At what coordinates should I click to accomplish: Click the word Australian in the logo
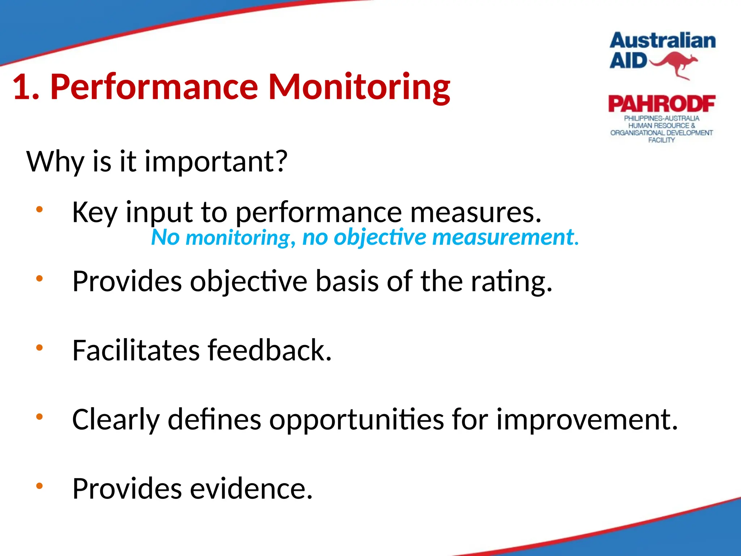pyautogui.click(x=662, y=41)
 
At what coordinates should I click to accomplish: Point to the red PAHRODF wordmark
pyautogui.click(x=661, y=104)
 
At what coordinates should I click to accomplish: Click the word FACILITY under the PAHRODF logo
pyautogui.click(x=661, y=140)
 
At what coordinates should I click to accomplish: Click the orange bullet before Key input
pyautogui.click(x=39, y=209)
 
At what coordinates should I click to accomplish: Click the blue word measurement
pyautogui.click(x=505, y=237)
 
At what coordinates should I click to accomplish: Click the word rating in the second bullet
pyautogui.click(x=511, y=282)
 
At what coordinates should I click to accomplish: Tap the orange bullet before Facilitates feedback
pyautogui.click(x=39, y=348)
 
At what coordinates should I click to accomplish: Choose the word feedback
pyautogui.click(x=269, y=350)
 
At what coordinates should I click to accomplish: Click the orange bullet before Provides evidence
pyautogui.click(x=39, y=486)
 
